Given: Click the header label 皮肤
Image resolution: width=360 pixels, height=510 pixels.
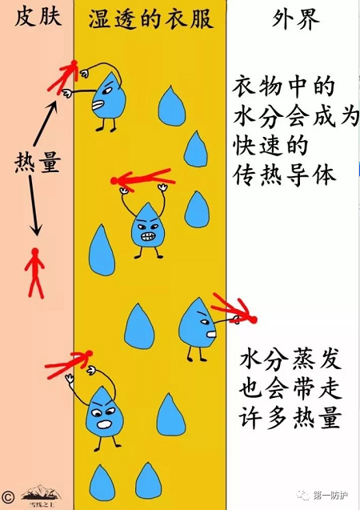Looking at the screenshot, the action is coord(38,17).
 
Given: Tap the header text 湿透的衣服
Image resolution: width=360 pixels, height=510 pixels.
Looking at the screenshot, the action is coord(151,19).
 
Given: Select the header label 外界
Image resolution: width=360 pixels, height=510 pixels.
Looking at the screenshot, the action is coord(296,18).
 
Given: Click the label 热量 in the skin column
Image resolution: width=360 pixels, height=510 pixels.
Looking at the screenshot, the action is coord(38,163).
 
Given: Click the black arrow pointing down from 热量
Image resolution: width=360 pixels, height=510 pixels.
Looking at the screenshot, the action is coord(34,206).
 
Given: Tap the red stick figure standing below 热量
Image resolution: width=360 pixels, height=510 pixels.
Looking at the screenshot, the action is coord(35,273).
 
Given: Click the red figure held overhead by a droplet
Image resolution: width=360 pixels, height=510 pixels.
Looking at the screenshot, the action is coord(143,179).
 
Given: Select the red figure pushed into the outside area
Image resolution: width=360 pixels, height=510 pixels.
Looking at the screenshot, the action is coord(234,311).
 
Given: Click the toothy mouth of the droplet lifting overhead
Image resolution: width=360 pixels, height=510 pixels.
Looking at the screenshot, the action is coord(149,236).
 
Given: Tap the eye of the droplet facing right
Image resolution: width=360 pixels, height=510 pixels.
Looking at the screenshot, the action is coord(205,322).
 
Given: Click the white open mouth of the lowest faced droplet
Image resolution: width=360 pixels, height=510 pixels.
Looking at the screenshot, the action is coord(105,424).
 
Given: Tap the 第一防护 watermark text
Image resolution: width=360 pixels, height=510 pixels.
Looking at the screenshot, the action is coord(330,496).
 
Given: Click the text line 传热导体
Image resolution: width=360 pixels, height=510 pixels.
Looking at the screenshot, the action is coord(285,175).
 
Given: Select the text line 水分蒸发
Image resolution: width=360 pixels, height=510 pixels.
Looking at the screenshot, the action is coord(290,359).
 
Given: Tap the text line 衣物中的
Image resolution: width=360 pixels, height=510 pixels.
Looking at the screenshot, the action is coord(283,86).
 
